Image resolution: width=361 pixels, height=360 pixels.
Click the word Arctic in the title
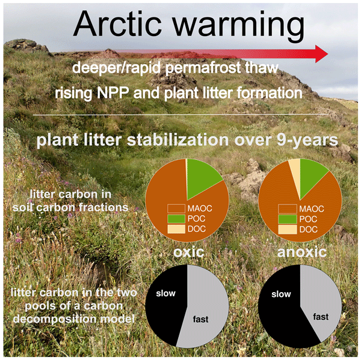pyautogui.click(x=118, y=24)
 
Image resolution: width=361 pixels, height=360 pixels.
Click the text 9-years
pyautogui.click(x=307, y=140)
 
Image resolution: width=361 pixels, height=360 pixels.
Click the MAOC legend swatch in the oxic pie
pyautogui.click(x=176, y=209)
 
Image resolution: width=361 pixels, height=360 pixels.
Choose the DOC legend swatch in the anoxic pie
pyautogui.click(x=288, y=230)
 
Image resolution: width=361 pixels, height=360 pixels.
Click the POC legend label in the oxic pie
pyautogui.click(x=196, y=219)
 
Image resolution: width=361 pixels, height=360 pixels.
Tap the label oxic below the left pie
pyautogui.click(x=188, y=252)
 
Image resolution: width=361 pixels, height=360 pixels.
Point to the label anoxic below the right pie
pyautogui.click(x=302, y=252)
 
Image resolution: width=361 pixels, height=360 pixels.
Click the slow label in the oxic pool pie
pyautogui.click(x=166, y=293)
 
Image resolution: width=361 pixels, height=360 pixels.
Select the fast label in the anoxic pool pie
pyautogui.click(x=321, y=317)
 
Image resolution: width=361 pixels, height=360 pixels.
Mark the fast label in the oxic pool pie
pyautogui.click(x=200, y=319)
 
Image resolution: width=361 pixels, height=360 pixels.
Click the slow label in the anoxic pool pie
pyautogui.click(x=281, y=294)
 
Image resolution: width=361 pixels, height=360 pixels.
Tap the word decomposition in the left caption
pyautogui.click(x=55, y=319)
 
